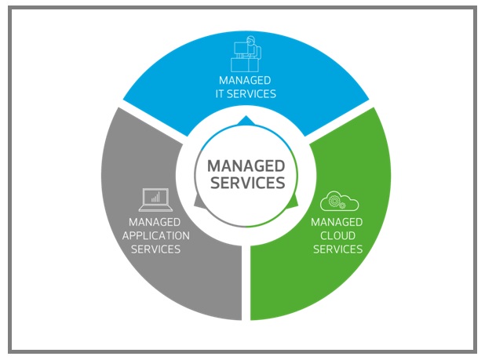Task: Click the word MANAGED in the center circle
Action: [x=246, y=166]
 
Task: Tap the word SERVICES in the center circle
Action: [x=248, y=183]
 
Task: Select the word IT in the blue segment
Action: [x=219, y=94]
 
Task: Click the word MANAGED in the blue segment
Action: [x=245, y=80]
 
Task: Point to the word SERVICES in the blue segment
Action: [x=251, y=94]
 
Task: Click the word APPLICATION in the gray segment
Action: [x=156, y=236]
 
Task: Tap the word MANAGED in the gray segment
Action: [x=155, y=222]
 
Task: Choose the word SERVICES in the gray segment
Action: [x=155, y=249]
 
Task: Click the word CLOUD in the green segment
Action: [x=337, y=236]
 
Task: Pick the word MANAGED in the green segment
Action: [x=337, y=222]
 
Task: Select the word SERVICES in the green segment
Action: [x=337, y=249]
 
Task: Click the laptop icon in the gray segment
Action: [x=155, y=200]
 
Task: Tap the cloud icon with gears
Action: [x=339, y=201]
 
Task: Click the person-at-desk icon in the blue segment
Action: [x=246, y=54]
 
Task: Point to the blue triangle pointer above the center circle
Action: [x=246, y=121]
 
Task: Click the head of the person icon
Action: [x=251, y=41]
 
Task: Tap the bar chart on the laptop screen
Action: [x=155, y=197]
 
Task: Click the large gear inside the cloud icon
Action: [x=334, y=201]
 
